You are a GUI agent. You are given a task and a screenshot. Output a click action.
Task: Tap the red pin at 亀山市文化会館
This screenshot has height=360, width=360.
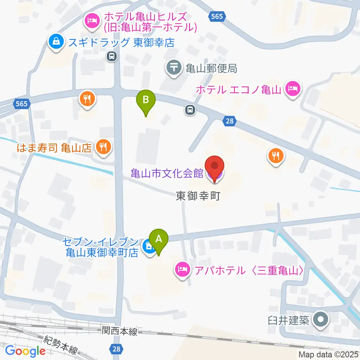pyautogui.click(x=214, y=166)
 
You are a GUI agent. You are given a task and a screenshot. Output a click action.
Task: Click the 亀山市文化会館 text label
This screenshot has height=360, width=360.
pyautogui.click(x=167, y=173)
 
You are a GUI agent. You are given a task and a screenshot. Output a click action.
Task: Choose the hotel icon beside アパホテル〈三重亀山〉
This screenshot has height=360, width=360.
pyautogui.click(x=182, y=269)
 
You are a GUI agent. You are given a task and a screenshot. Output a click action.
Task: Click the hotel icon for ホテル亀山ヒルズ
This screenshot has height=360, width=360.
pyautogui.click(x=91, y=21)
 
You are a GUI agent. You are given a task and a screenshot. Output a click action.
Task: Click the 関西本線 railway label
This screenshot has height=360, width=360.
pyautogui.click(x=120, y=331)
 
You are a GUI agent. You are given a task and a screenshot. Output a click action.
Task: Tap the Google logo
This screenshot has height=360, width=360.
pyautogui.click(x=25, y=351)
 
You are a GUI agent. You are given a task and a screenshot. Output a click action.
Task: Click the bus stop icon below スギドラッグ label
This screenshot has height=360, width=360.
pyautogui.click(x=111, y=56)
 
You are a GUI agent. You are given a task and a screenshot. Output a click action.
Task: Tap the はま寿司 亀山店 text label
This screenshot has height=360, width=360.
pyautogui.click(x=54, y=148)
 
